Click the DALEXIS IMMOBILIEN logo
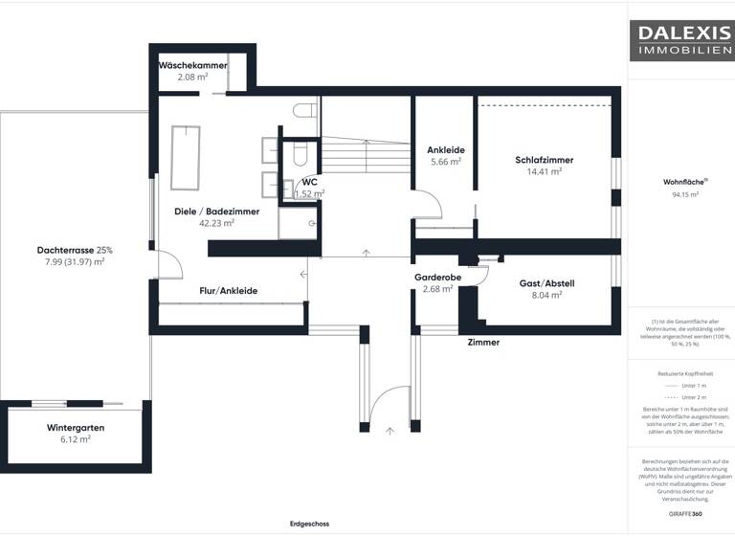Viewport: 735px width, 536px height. click(680, 39)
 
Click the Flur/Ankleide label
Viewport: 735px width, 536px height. click(228, 290)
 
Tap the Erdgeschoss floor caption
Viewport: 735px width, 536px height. click(309, 524)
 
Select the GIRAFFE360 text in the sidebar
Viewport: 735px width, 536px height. click(680, 514)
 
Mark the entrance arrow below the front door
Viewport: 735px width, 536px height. click(390, 431)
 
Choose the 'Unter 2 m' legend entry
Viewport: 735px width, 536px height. click(680, 396)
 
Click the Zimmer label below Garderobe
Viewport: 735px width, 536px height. click(483, 342)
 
